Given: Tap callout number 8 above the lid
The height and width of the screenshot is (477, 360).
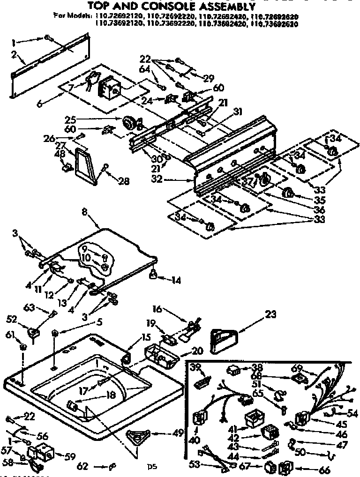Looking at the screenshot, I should (x=85, y=212).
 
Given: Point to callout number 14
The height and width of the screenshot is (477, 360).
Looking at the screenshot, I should (x=176, y=281).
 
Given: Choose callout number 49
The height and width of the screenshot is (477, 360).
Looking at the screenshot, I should (x=178, y=433).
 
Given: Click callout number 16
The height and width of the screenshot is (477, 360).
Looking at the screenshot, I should (x=157, y=310).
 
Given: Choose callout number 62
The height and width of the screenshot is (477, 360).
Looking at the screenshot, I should (x=82, y=467).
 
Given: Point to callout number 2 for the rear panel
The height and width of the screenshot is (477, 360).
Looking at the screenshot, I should (x=14, y=54).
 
